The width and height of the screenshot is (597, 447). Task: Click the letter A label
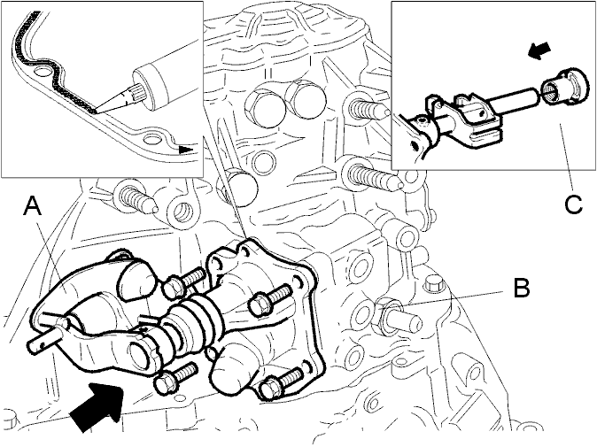tap(33, 206)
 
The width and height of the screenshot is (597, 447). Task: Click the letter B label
tap(521, 288)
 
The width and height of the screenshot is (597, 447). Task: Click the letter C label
tap(573, 204)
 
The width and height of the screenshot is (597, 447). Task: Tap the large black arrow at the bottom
tap(97, 406)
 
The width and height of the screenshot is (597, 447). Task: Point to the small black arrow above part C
tap(540, 51)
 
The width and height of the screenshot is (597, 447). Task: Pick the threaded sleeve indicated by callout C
tap(561, 86)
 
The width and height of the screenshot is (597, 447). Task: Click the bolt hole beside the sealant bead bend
tap(41, 71)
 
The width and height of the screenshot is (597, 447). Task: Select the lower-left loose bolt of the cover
tap(176, 377)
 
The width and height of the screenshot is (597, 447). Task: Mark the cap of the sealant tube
tap(152, 88)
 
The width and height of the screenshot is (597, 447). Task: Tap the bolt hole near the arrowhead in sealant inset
tap(152, 139)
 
